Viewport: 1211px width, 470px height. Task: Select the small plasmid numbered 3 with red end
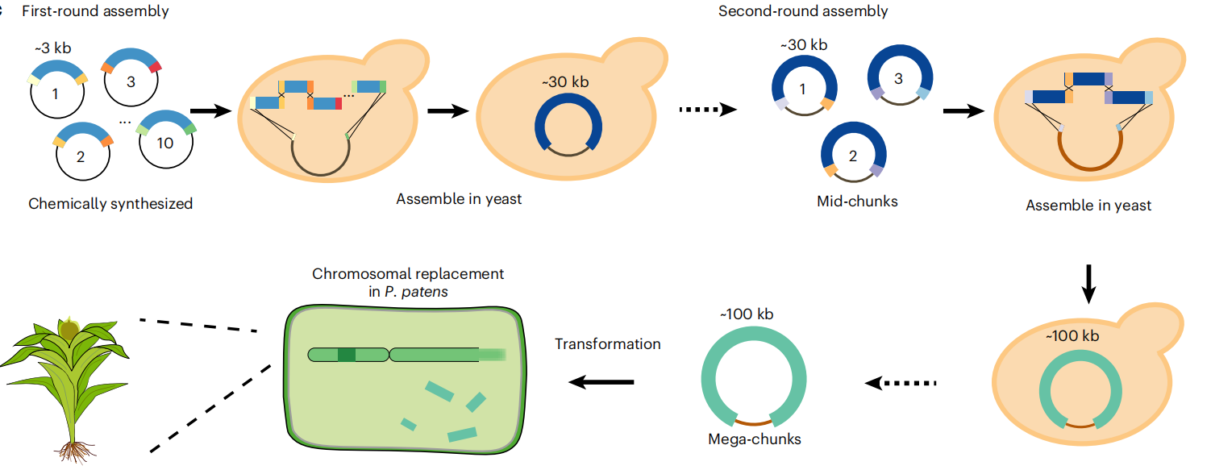[131, 81]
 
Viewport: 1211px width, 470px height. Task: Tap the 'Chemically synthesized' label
[110, 204]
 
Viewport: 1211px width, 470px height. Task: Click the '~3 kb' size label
[53, 50]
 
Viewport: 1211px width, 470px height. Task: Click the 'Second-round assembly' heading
[803, 12]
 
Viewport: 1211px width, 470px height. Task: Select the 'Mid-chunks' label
[857, 202]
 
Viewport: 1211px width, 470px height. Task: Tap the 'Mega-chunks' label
[755, 439]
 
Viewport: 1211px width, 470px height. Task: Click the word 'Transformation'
[607, 344]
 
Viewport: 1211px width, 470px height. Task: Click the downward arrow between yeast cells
[1088, 284]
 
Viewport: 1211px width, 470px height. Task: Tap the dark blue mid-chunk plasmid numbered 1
[804, 90]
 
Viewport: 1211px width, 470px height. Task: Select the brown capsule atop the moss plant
[70, 329]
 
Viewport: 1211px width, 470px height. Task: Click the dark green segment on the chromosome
[346, 355]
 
